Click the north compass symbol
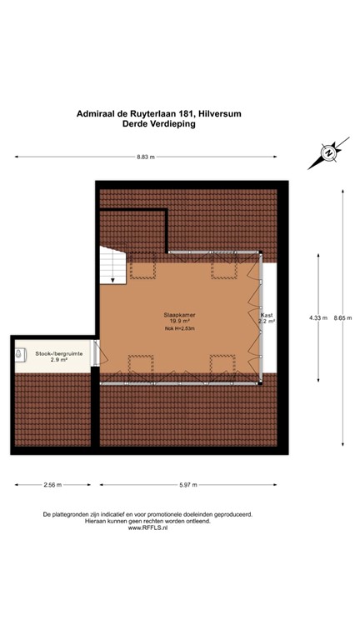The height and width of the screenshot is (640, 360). point(327,153)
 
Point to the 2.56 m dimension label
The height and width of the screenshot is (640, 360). point(52,484)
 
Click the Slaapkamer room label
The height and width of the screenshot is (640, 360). point(177,313)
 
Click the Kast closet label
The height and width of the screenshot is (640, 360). point(267,315)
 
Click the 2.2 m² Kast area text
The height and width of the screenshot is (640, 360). point(267,322)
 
